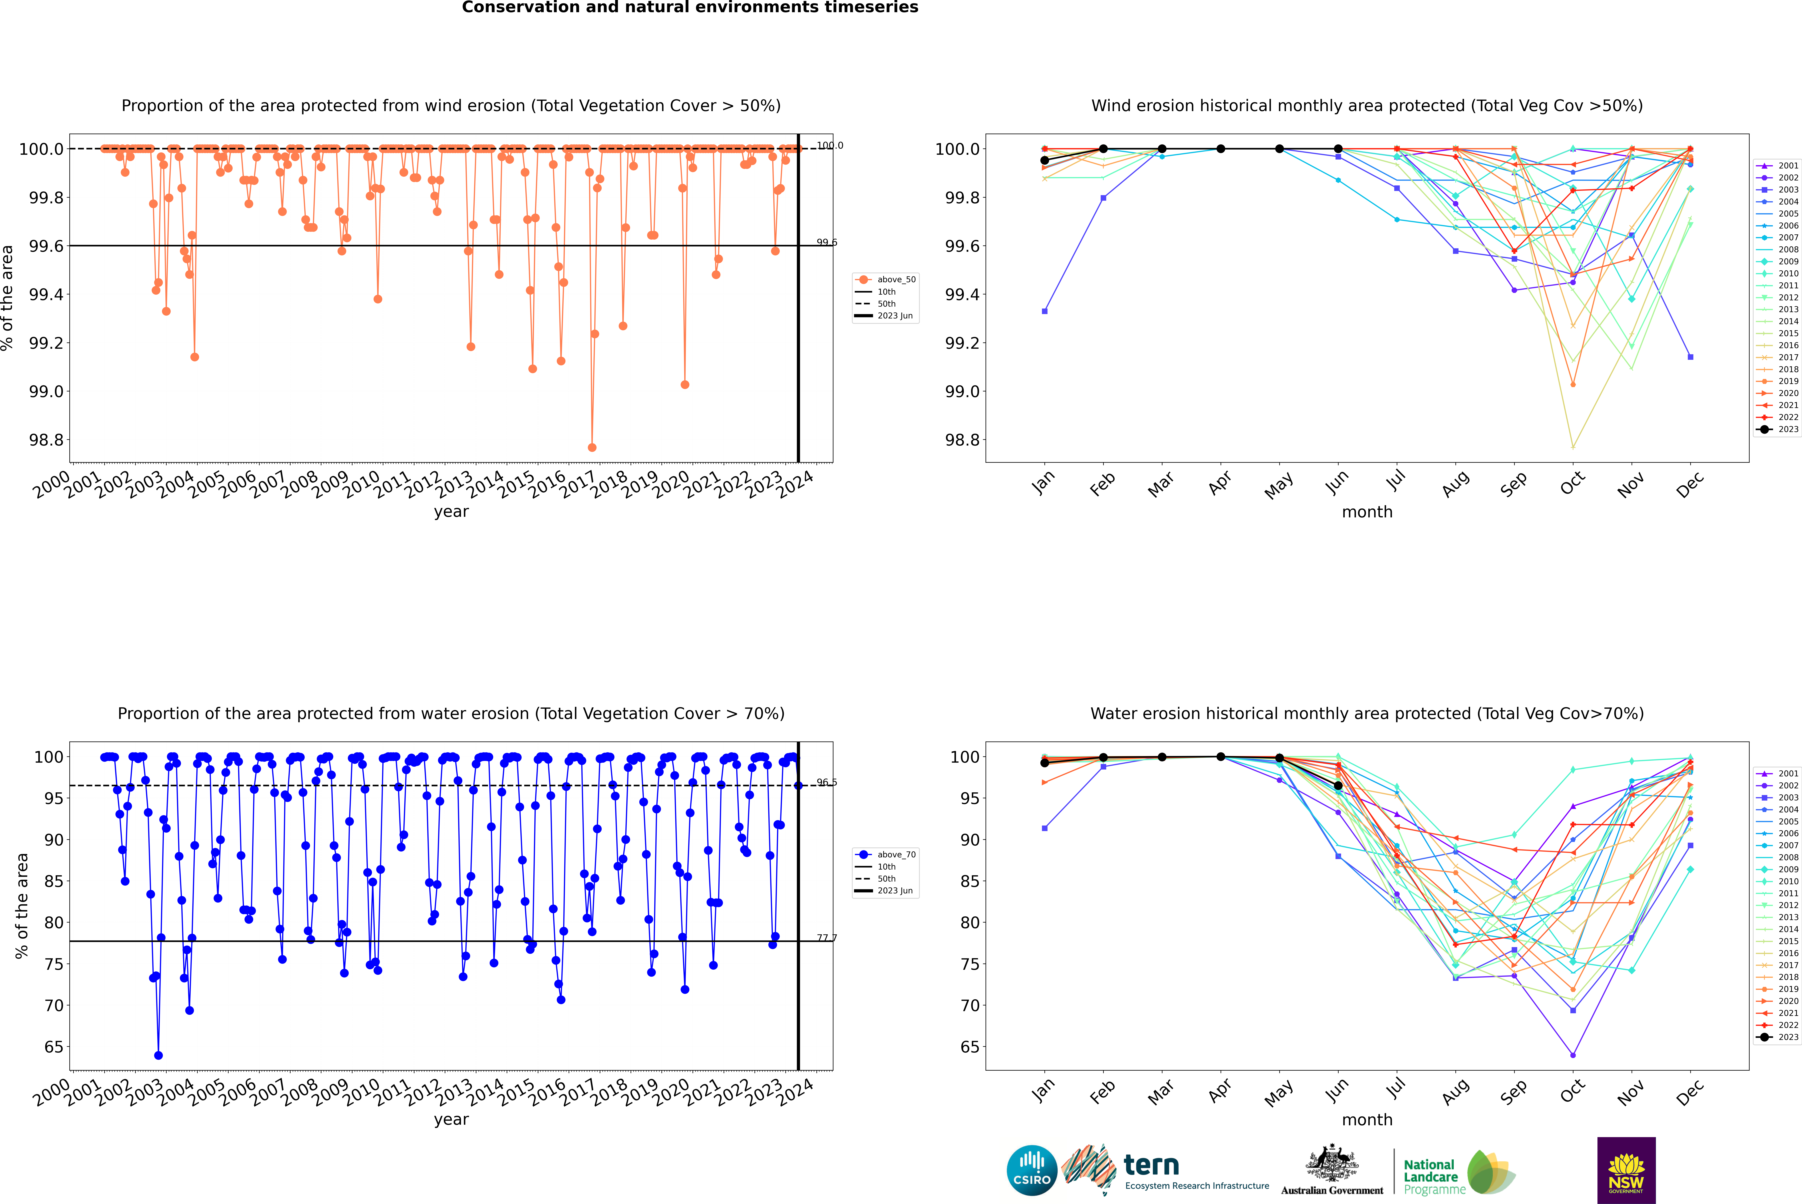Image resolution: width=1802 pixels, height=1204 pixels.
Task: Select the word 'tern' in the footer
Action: tap(1151, 1165)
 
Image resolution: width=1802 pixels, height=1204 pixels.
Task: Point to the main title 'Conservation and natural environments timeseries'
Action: tap(690, 8)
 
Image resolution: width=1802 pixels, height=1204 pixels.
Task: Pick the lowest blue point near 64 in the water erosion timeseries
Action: tap(158, 1055)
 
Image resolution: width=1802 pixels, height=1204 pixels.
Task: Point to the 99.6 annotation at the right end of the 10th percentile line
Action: tap(827, 243)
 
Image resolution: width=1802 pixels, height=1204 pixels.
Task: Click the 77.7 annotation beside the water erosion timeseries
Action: tap(827, 938)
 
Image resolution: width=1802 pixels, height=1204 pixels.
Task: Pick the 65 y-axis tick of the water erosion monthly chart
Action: tap(968, 1047)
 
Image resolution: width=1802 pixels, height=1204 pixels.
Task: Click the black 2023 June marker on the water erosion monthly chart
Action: tap(1338, 786)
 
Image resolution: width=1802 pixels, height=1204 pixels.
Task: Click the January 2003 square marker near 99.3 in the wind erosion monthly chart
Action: tap(1045, 311)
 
